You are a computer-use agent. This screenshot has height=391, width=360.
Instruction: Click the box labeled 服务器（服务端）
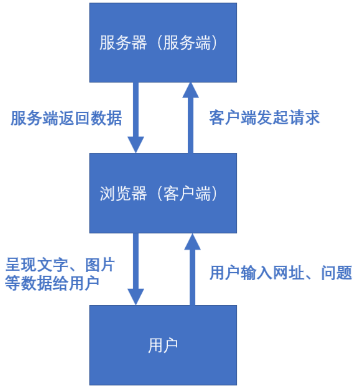click(x=163, y=43)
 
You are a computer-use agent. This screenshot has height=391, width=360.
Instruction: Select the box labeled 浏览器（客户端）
click(x=163, y=193)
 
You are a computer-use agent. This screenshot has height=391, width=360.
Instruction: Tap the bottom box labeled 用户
click(x=163, y=345)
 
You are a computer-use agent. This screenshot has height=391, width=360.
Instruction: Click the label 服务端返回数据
click(x=66, y=118)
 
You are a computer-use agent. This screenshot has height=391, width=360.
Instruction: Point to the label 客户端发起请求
click(x=264, y=118)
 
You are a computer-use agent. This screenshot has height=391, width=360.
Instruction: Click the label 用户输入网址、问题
click(x=281, y=273)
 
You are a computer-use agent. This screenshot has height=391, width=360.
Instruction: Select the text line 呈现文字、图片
click(x=60, y=264)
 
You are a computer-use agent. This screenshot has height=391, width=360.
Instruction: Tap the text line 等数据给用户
click(x=52, y=282)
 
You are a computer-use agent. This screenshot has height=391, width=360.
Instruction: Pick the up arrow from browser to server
click(x=190, y=118)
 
